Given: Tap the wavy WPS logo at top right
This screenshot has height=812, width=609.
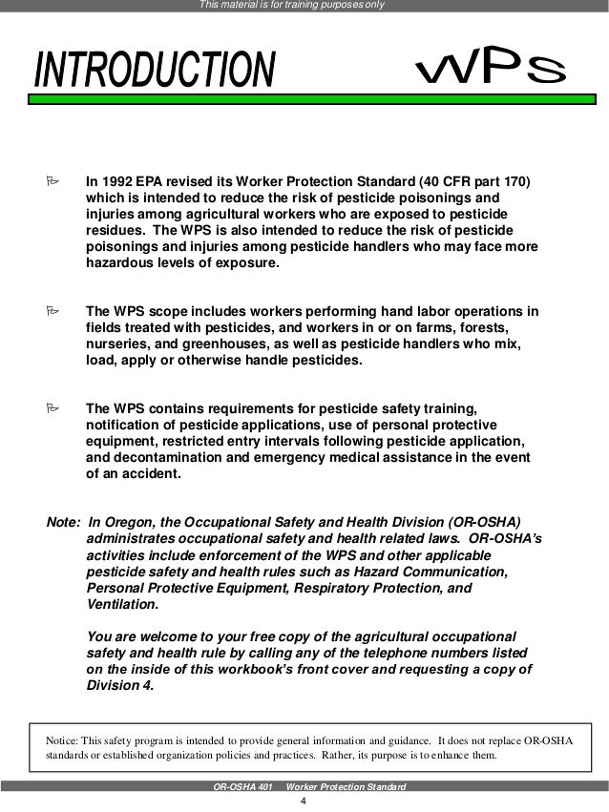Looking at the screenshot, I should pos(492,68).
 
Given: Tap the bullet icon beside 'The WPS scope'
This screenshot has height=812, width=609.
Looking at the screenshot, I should pos(53,312).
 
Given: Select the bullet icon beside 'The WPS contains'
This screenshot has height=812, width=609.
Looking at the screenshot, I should pos(53,408).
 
